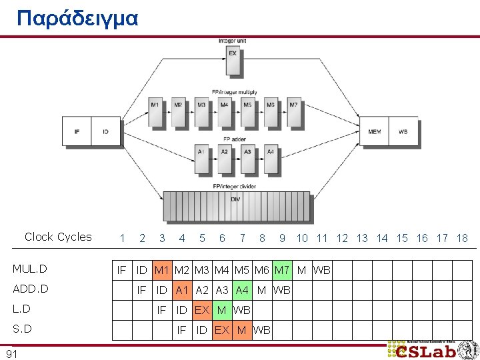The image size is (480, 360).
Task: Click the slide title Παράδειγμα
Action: click(x=77, y=18)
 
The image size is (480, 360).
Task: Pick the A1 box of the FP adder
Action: click(x=201, y=158)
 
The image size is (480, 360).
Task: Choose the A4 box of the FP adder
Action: click(x=271, y=158)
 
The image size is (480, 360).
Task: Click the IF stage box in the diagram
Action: click(x=77, y=131)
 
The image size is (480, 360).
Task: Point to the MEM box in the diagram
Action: click(x=375, y=131)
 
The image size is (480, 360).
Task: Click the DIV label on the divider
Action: click(x=235, y=199)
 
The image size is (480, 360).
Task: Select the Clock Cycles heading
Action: click(x=58, y=237)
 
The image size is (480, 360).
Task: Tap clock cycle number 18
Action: click(x=462, y=238)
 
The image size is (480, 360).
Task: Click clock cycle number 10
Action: click(x=302, y=238)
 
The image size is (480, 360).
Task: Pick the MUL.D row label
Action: click(x=30, y=269)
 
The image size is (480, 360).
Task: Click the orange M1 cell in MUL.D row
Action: click(x=161, y=270)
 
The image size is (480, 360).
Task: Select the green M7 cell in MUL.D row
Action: click(x=281, y=270)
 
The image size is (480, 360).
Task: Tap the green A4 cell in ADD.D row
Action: click(x=241, y=290)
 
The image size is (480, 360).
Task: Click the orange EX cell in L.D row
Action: click(x=201, y=310)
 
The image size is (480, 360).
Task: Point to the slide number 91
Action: click(x=11, y=354)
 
